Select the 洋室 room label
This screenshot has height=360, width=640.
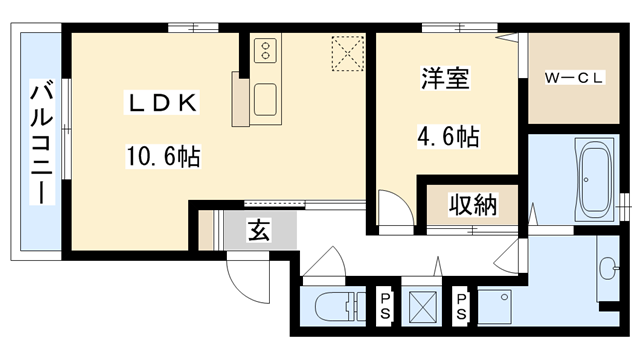pyautogui.click(x=445, y=79)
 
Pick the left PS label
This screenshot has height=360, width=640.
pyautogui.click(x=385, y=306)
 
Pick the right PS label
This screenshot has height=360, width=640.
pyautogui.click(x=461, y=306)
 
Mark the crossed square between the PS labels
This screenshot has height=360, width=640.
pyautogui.click(x=423, y=305)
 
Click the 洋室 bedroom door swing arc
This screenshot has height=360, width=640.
pyautogui.click(x=391, y=212)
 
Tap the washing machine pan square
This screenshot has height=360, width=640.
pyautogui.click(x=498, y=307)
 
